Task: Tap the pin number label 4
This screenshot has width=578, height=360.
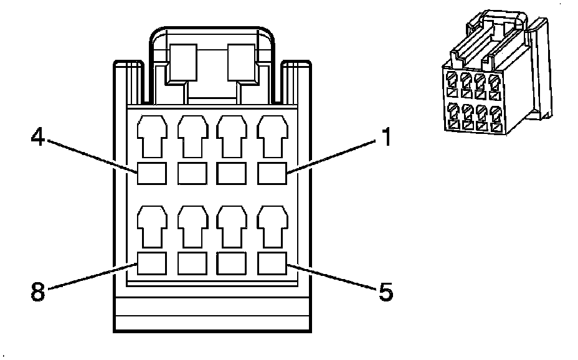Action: [x=38, y=136]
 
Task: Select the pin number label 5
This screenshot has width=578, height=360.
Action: [x=386, y=291]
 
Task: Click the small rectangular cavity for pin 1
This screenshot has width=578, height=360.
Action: [x=271, y=173]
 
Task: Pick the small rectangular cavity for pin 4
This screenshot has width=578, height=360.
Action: [x=152, y=173]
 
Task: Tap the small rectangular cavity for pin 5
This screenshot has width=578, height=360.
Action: [x=271, y=263]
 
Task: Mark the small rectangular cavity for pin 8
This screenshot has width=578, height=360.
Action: [x=152, y=263]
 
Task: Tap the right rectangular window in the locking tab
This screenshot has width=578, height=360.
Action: [x=242, y=62]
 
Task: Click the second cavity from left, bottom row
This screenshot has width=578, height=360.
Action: [x=192, y=263]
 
